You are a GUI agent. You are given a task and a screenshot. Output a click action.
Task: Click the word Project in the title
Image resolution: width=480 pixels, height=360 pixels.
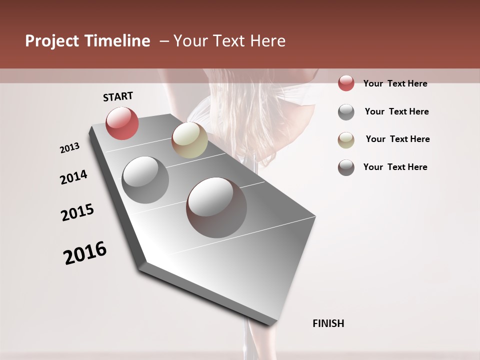point(52,41)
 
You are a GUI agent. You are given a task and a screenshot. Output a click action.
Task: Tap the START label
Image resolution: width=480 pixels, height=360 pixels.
point(118,96)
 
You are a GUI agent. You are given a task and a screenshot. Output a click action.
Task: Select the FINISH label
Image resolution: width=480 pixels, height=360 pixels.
point(328,323)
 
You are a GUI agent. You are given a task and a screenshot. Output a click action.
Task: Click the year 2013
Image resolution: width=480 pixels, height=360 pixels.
point(69,148)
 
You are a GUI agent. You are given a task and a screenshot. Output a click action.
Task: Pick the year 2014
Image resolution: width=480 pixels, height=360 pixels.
point(73,177)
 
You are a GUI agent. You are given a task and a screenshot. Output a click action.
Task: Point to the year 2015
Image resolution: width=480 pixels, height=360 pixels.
point(77,212)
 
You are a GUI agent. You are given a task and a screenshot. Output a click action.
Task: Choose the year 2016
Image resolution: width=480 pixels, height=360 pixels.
point(85,252)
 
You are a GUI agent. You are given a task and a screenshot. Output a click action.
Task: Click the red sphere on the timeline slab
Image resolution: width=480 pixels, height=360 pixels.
point(122,123)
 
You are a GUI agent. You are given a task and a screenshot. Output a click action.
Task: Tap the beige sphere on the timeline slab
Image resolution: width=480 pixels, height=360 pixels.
point(189,140)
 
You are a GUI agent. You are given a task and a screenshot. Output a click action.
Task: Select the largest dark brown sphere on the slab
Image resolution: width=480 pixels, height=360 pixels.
point(216,207)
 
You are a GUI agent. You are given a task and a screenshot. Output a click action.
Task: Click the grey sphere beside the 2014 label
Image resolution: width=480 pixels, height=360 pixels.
point(145,179)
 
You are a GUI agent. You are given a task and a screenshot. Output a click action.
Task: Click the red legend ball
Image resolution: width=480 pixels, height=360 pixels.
point(346,83)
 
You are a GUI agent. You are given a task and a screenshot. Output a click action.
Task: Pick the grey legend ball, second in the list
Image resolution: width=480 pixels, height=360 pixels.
point(346,112)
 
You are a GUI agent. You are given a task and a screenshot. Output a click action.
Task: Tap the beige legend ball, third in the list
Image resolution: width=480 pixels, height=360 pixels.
point(346,140)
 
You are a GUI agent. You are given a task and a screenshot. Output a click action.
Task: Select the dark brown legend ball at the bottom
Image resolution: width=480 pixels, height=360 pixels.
point(346,167)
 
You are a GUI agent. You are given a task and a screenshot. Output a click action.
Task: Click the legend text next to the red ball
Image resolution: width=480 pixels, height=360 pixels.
point(395,83)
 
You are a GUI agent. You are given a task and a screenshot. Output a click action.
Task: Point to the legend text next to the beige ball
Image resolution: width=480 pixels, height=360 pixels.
point(397,139)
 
